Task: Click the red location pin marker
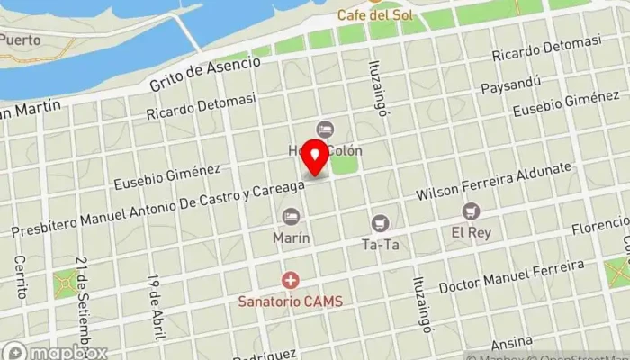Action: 316,158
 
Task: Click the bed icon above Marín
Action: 291,217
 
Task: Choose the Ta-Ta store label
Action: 380,243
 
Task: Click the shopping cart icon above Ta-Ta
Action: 380,222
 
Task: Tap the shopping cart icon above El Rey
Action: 470,211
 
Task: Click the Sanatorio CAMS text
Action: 291,301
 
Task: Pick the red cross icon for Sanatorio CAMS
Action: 291,281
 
